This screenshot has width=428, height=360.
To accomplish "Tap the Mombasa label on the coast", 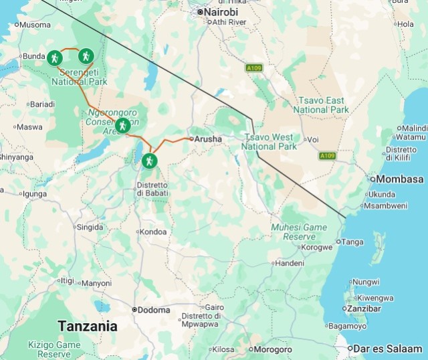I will pyautogui.click(x=400, y=179).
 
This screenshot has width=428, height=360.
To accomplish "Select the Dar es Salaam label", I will pyautogui.click(x=389, y=349).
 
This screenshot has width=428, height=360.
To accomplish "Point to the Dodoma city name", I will pyautogui.click(x=154, y=310).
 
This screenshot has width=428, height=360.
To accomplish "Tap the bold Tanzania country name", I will pyautogui.click(x=88, y=327).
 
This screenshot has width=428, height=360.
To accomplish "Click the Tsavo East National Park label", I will pyautogui.click(x=321, y=104).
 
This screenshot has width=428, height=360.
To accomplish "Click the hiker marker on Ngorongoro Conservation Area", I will pyautogui.click(x=122, y=125).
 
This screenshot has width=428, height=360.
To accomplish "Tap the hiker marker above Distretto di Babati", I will pyautogui.click(x=148, y=161).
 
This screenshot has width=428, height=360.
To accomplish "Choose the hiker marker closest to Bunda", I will pyautogui.click(x=54, y=58).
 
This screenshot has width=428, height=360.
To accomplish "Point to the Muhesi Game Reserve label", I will pyautogui.click(x=299, y=232).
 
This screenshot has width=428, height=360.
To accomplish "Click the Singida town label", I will pyautogui.click(x=90, y=227).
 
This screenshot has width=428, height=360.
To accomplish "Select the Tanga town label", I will pyautogui.click(x=352, y=242).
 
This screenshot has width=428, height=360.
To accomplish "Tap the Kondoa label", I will pyautogui.click(x=154, y=232).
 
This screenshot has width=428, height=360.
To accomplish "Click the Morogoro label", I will pyautogui.click(x=271, y=349).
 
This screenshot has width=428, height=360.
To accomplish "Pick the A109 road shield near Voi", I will pyautogui.click(x=326, y=156).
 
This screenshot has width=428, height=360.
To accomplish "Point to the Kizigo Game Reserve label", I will pyautogui.click(x=53, y=349).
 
